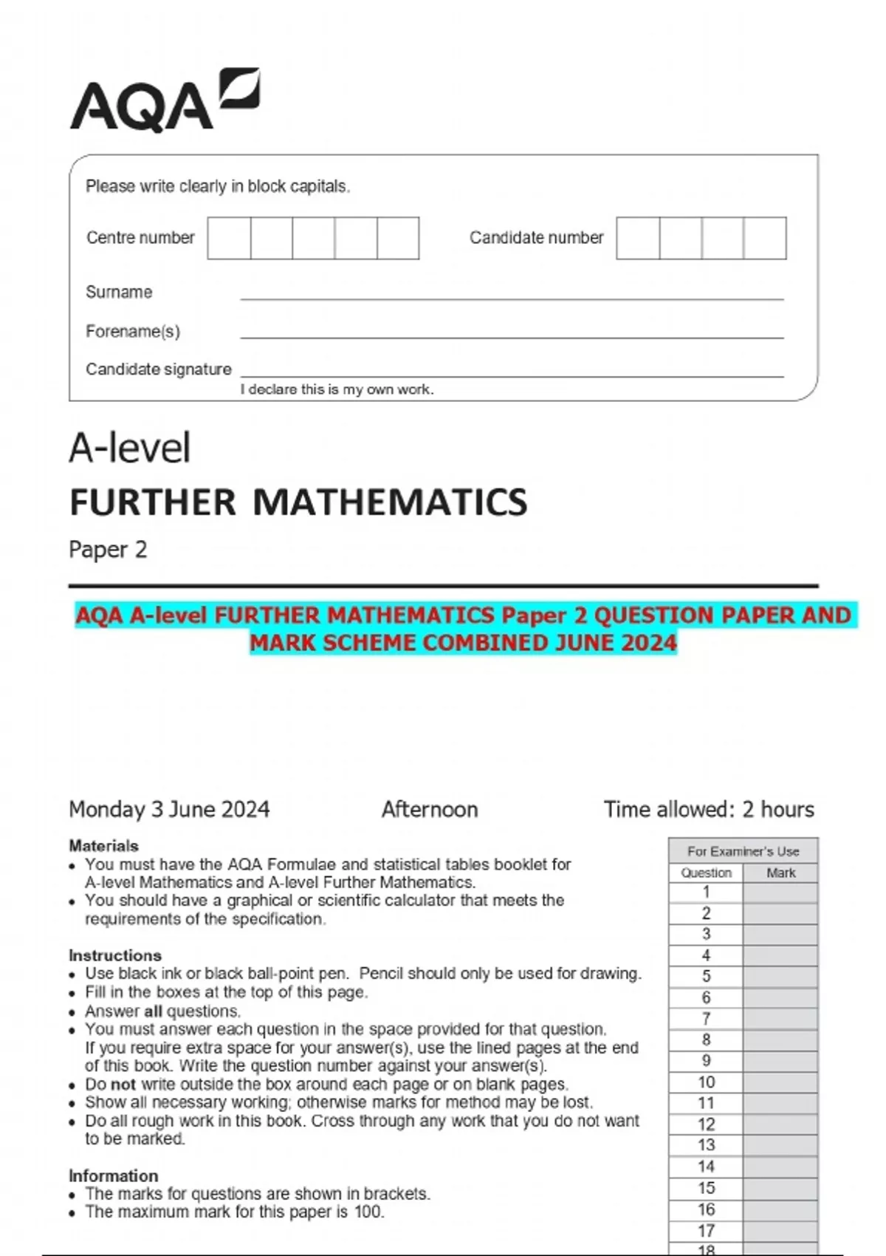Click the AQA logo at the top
(164, 101)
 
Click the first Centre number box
(229, 238)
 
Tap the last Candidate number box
(765, 238)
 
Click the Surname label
(119, 292)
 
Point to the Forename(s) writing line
(511, 337)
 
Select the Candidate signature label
(158, 369)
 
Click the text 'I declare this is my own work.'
(337, 389)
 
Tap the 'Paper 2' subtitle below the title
(108, 550)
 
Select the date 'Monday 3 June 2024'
(169, 810)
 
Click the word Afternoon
(430, 810)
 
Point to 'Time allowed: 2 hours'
(709, 810)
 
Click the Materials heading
(103, 845)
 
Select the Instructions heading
(114, 955)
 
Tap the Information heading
(113, 1175)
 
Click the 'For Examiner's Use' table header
(743, 851)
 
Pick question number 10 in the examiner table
(706, 1082)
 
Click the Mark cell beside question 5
(780, 977)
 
